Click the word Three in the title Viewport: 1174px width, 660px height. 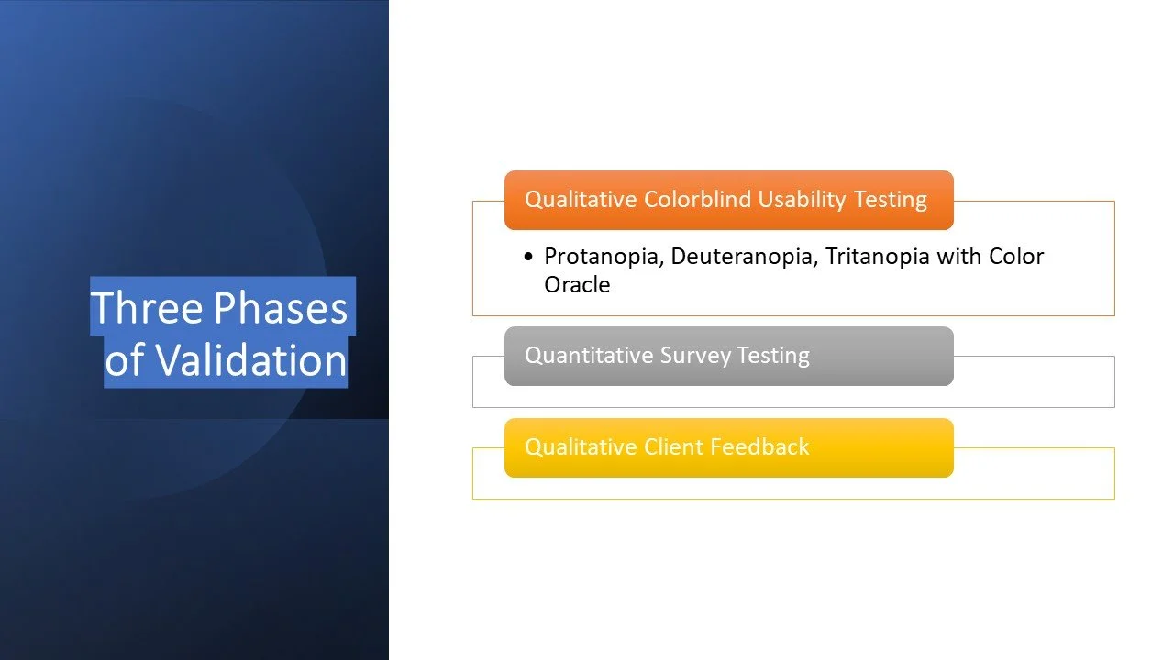pos(147,307)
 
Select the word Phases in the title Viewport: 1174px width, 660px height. pos(281,307)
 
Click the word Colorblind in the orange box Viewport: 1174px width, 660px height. pos(697,200)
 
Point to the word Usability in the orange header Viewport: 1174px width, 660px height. pos(802,200)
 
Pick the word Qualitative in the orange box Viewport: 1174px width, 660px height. pos(581,200)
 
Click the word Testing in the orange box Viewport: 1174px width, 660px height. pos(890,200)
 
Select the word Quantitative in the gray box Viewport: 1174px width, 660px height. pos(589,355)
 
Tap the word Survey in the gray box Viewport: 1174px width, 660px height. pos(695,356)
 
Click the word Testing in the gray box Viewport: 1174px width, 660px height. pos(773,356)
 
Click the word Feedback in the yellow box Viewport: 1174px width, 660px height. pos(759,446)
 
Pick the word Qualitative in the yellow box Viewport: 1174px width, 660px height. pos(581,447)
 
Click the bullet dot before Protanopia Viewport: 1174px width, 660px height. pos(528,256)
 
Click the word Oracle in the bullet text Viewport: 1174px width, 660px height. pos(577,285)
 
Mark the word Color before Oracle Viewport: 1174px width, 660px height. pos(1016,257)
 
